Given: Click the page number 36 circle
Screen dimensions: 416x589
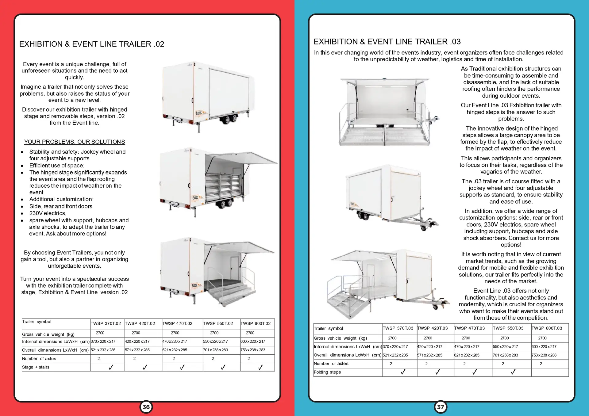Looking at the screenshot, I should pos(146,407).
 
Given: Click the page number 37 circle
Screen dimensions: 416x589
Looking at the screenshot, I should pos(441,407).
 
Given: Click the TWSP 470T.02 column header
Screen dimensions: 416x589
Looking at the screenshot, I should pos(177,323).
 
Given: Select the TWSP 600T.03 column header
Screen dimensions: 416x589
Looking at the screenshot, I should pos(547,328).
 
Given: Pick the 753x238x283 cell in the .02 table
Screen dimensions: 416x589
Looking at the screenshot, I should pos(253,350).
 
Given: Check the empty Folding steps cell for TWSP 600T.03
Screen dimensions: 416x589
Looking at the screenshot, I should pos(550,372).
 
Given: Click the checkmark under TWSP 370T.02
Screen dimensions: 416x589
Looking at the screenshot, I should pos(111,367).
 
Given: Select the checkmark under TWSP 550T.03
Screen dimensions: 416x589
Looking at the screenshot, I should pos(513,372).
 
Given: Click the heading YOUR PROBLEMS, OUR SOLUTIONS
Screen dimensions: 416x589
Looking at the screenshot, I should pos(75,142).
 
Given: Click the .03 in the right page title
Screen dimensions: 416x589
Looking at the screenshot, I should pos(456,41).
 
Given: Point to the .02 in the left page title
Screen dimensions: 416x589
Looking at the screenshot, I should pos(159,44).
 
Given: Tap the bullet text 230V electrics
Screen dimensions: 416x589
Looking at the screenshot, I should pos(48,213).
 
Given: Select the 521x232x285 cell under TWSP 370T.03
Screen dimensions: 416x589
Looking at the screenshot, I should pos(395,355).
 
